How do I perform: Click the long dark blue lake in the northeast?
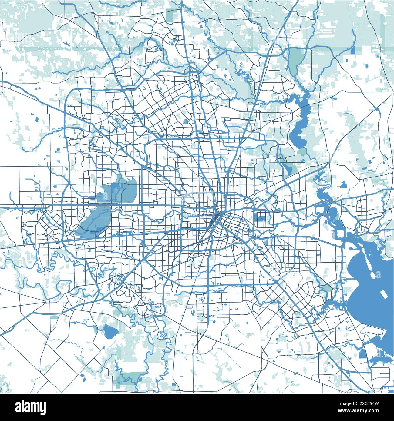[299, 121]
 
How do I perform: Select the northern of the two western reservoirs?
[121, 191]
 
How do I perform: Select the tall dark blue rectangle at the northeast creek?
[353, 50]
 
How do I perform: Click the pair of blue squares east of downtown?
[261, 218]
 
